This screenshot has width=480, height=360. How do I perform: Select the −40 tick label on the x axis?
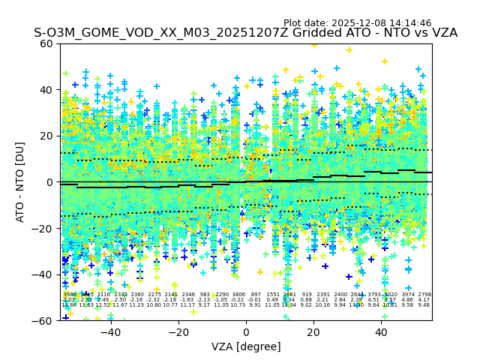tap(110, 331)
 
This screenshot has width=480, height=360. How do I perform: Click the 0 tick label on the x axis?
tap(246, 331)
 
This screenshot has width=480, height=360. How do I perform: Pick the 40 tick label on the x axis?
tap(382, 331)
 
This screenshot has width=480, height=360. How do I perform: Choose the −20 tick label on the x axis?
tap(178, 331)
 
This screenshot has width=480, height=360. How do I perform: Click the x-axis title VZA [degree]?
tap(246, 346)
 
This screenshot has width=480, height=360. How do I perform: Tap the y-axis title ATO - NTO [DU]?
tap(20, 182)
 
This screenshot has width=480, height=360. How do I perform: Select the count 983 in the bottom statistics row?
tap(205, 295)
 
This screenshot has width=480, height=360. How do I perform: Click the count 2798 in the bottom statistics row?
tap(424, 295)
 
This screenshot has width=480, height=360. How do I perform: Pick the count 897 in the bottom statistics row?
tap(256, 295)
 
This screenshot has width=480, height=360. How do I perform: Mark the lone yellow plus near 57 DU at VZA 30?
tap(349, 50)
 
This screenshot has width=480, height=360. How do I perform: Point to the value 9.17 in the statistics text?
tap(205, 305)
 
